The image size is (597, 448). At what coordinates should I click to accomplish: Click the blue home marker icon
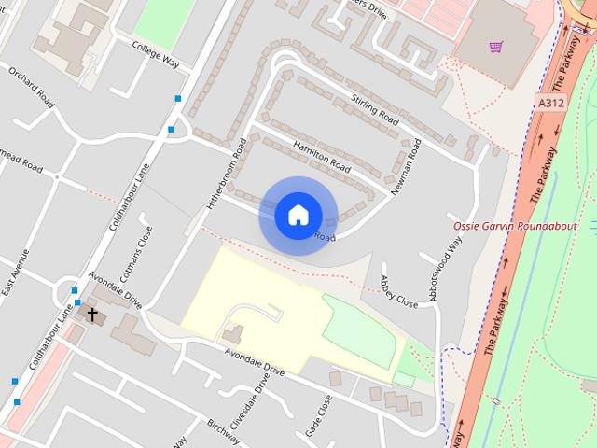pos(298,215)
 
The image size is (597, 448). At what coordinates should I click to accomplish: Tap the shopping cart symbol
pos(496,46)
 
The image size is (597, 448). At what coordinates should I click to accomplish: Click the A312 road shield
pos(549,102)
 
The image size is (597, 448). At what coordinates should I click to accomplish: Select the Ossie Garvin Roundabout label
pos(515,227)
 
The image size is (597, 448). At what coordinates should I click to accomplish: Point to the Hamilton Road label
pos(320,156)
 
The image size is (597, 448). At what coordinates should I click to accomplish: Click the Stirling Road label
pos(375,109)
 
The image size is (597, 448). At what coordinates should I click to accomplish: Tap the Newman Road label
pos(407,167)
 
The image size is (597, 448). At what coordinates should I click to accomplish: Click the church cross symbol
pos(92,315)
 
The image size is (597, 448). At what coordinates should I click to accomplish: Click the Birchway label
pos(224,431)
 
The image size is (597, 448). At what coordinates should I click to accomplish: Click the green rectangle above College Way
pos(162,21)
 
